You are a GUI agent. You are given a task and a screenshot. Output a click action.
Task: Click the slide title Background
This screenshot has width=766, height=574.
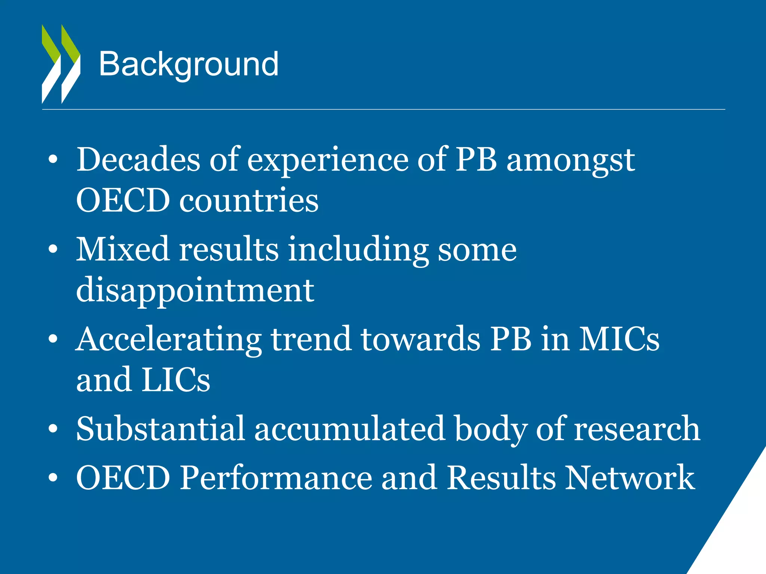[x=189, y=64]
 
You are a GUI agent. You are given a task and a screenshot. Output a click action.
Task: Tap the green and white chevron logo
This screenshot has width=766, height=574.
[x=61, y=64]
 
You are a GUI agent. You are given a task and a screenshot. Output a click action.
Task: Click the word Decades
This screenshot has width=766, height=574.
[x=138, y=160]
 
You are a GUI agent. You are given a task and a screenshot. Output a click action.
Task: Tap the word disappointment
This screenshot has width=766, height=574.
[x=195, y=291]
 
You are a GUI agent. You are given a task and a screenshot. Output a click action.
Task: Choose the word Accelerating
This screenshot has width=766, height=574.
[x=169, y=339]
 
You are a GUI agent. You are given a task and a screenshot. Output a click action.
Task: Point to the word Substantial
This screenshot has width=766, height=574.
[x=160, y=429]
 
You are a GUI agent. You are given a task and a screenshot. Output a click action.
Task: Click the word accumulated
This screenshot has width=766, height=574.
[x=350, y=429]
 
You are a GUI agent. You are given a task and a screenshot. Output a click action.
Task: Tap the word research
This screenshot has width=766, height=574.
[x=637, y=429]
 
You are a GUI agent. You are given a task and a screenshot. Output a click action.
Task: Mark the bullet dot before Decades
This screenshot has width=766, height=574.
[x=53, y=160]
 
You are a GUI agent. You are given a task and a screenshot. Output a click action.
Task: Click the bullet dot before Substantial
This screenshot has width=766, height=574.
[x=53, y=429]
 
